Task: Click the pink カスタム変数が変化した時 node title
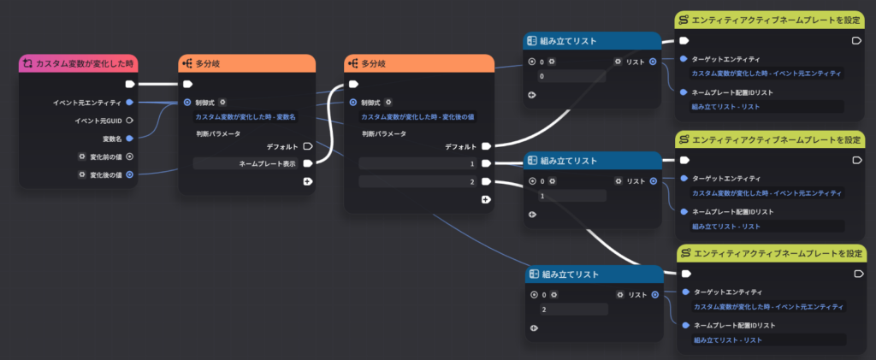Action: (x=85, y=63)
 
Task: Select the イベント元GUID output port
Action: (x=130, y=120)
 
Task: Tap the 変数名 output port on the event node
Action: (x=130, y=138)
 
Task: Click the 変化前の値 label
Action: (x=106, y=156)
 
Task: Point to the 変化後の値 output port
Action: (x=130, y=174)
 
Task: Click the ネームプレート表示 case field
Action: (x=246, y=163)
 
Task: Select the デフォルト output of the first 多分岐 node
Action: (x=307, y=146)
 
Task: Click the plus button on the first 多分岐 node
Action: (x=307, y=181)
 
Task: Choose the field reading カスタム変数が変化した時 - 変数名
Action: (x=246, y=116)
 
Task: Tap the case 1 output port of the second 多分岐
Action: (x=486, y=163)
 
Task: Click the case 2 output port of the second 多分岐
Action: (x=486, y=181)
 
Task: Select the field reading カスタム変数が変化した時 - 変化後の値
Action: (x=418, y=116)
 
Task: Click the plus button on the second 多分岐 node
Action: (x=486, y=199)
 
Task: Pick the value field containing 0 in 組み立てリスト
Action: (x=571, y=76)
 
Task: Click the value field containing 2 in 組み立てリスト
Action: (x=574, y=309)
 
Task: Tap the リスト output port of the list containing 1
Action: (x=653, y=180)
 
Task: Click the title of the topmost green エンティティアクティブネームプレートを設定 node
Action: (x=775, y=21)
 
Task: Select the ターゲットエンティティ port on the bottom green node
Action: (x=685, y=292)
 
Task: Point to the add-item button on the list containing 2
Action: (x=534, y=328)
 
